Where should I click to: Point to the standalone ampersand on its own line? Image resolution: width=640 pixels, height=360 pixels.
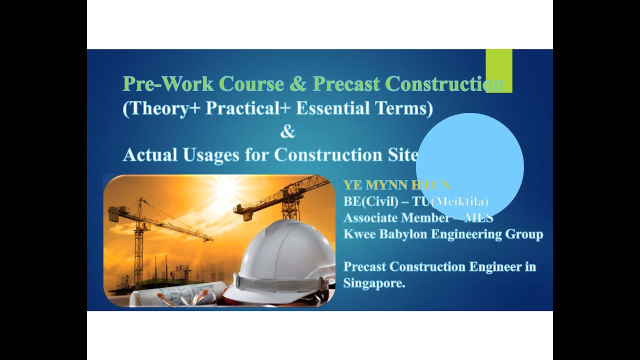click(x=287, y=132)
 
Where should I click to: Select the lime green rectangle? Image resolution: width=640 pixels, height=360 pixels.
click(x=498, y=70)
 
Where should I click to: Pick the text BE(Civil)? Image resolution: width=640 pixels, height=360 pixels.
click(x=370, y=201)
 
